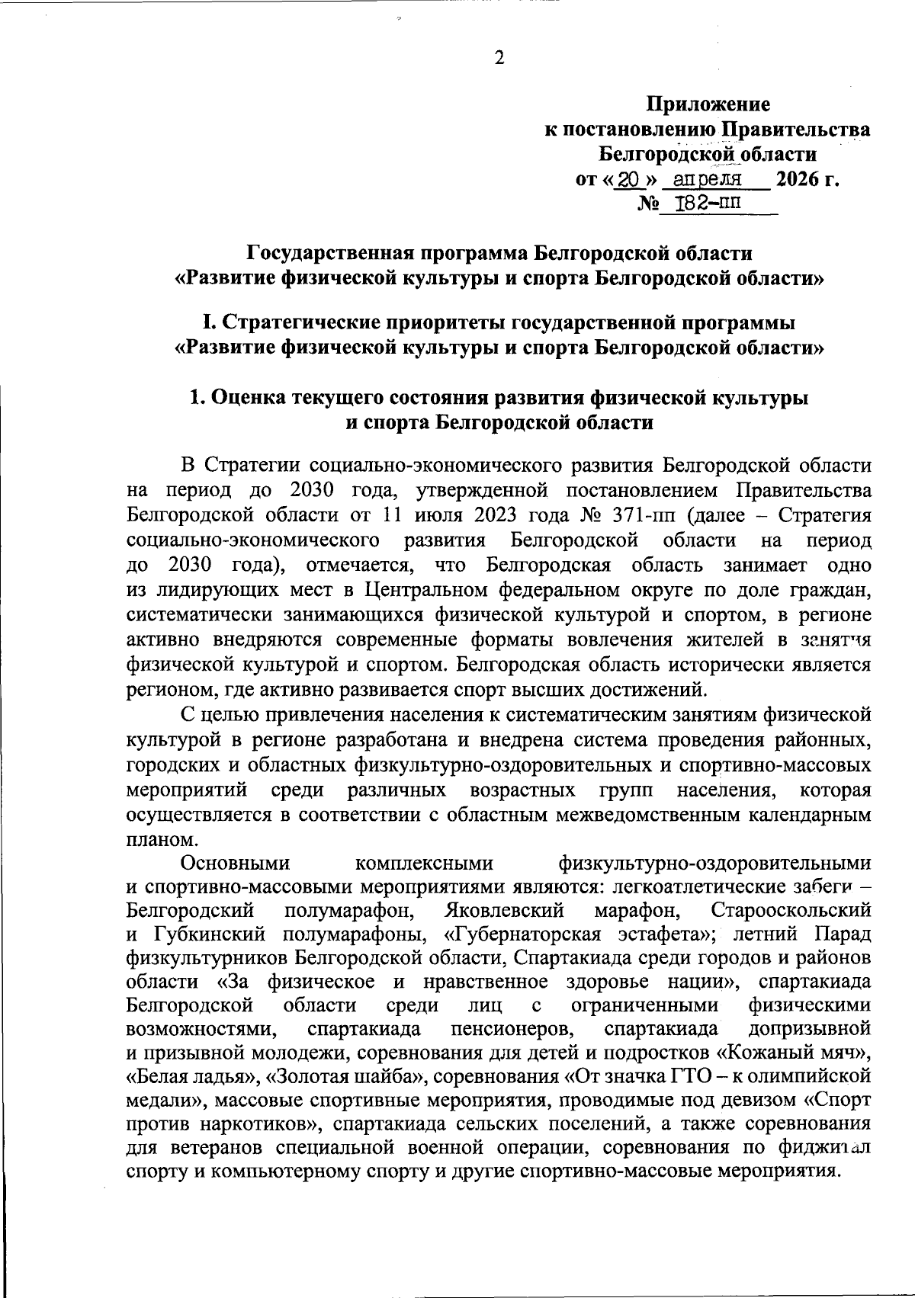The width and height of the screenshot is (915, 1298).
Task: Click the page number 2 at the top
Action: click(499, 59)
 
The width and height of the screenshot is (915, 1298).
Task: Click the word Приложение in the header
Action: click(708, 104)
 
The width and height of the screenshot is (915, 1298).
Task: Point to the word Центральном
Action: click(427, 590)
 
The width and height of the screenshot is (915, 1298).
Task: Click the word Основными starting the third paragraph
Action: click(236, 864)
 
